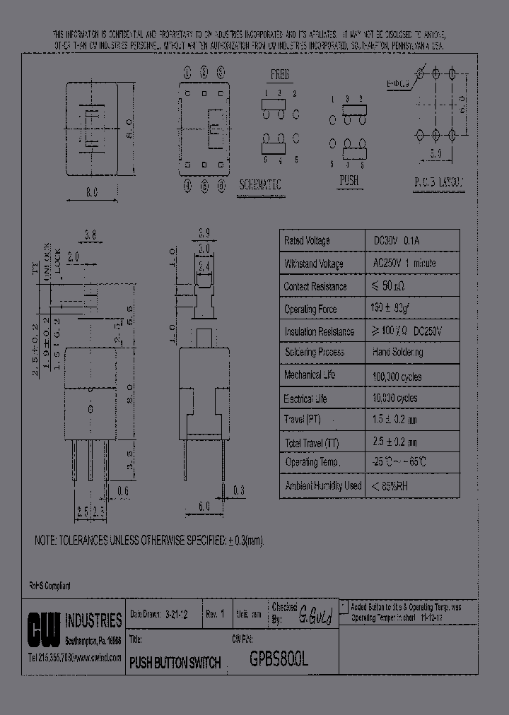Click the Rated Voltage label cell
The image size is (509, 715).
[307, 241]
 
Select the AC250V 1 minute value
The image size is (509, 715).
[404, 264]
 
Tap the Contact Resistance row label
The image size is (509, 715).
[315, 286]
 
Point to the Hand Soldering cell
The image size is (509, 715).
[397, 352]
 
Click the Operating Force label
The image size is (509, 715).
[310, 309]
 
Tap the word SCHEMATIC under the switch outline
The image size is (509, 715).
[260, 184]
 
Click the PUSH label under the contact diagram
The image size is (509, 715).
[349, 181]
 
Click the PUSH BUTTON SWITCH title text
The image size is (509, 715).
[175, 663]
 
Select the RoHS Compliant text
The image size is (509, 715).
[49, 586]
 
